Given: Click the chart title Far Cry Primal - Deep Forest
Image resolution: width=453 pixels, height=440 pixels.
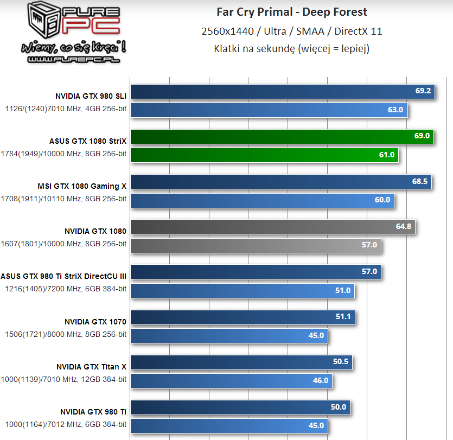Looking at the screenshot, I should coord(292,12).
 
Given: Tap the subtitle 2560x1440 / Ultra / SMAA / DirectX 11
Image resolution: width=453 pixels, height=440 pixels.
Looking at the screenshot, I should coord(292,31).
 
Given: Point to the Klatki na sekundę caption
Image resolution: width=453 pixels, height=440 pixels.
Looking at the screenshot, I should coord(292,49).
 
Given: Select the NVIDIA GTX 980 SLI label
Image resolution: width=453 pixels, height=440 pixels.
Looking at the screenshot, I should coord(91,96).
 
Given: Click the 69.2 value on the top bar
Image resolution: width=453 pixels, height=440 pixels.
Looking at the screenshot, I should coord(423,91).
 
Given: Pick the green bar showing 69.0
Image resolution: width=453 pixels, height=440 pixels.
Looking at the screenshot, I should coord(282,136).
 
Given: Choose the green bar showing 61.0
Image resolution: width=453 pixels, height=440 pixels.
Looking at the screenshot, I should coord(265,155).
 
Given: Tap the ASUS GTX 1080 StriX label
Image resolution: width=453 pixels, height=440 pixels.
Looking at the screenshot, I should coord(88,141).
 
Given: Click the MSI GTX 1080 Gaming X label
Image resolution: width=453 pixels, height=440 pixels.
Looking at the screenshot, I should coord(82,186).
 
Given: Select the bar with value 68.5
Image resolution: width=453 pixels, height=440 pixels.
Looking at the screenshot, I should coord(281,182).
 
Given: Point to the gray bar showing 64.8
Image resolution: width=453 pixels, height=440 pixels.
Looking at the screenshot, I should coord(273,227).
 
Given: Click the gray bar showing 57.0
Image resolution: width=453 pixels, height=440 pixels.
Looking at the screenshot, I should coord(256,246).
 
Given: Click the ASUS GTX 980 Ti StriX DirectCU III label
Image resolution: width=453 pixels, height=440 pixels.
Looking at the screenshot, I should coord(63,276).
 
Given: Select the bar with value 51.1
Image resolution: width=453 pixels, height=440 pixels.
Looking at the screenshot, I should coord(243,317).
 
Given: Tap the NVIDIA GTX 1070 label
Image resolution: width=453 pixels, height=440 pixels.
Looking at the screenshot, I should coord(95,322).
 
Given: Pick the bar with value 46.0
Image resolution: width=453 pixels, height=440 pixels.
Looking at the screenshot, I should coord(232,380).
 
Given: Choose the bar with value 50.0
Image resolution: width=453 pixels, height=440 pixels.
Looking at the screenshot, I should coord(240,407).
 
